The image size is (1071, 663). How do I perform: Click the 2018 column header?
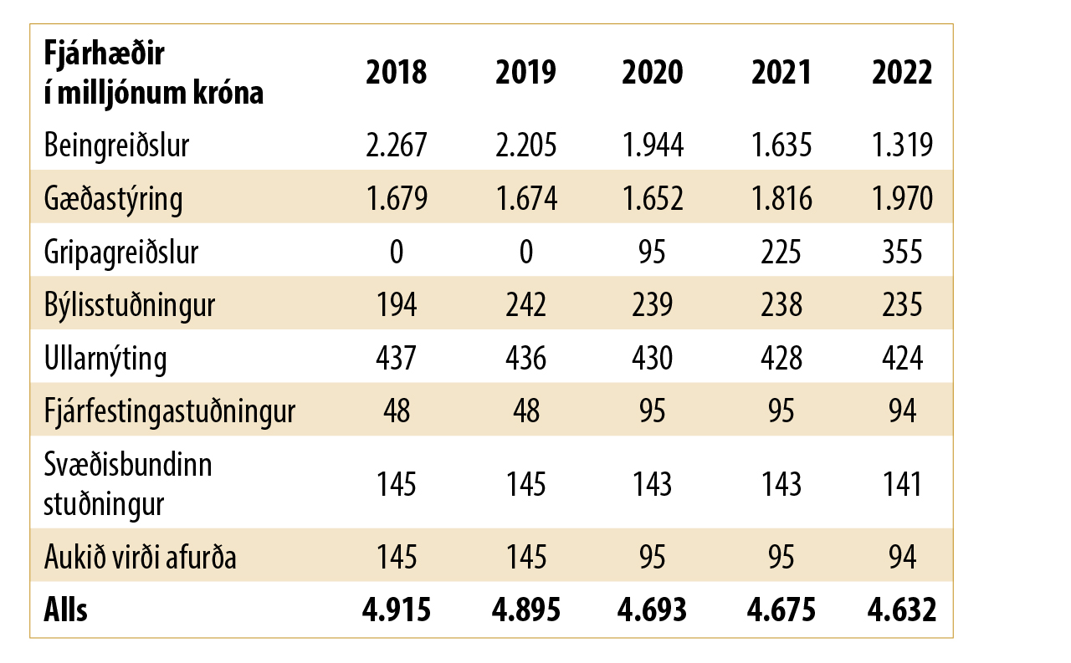[396, 73]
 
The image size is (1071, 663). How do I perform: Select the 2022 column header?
[902, 73]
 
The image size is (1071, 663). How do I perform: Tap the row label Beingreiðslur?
[117, 145]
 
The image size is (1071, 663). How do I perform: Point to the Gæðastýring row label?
[113, 199]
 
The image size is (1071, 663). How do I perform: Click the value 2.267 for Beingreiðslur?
[396, 145]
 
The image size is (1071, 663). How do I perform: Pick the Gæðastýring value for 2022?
[902, 199]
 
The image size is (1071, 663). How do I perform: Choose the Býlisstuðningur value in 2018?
[396, 305]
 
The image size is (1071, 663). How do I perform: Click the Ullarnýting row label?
[105, 359]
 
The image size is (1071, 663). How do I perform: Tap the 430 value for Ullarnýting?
[653, 359]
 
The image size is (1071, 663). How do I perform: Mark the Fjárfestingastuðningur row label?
[169, 411]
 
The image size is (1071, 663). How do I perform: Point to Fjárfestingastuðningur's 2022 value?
[902, 411]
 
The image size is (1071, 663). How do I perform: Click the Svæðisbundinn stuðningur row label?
[127, 484]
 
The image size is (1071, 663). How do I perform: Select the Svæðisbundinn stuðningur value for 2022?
[902, 484]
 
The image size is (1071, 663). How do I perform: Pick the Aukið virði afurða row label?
[140, 557]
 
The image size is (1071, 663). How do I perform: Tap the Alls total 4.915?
[396, 610]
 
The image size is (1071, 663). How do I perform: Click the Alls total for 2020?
[653, 610]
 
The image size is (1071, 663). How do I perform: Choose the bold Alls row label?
[65, 610]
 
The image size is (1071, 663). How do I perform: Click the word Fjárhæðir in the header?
[105, 54]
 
